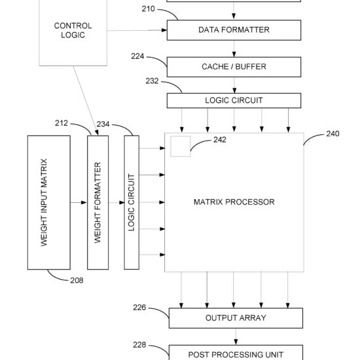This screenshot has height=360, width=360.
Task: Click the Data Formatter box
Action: (x=234, y=30)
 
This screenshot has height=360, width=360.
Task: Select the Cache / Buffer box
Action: (x=234, y=67)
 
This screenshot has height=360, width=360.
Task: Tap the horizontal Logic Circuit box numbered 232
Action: (x=234, y=101)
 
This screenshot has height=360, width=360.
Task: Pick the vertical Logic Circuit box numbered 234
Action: (x=132, y=202)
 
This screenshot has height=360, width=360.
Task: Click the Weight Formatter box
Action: (x=98, y=202)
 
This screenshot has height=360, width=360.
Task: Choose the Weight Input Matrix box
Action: (x=49, y=202)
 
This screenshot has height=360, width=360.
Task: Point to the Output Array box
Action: (x=236, y=318)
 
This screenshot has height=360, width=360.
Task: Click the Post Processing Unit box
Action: (x=236, y=352)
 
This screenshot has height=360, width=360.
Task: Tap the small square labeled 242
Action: (x=181, y=147)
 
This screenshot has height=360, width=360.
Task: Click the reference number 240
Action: (x=333, y=134)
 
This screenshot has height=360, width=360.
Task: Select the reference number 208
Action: (x=77, y=280)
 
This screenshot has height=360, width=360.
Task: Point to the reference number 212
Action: (x=62, y=123)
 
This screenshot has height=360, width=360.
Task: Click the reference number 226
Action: (x=139, y=308)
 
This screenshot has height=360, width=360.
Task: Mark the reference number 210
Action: (x=148, y=9)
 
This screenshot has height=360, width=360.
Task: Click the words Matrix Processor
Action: (x=234, y=202)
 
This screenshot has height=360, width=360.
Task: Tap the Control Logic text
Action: (x=73, y=30)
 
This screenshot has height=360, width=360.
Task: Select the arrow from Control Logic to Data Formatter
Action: (x=137, y=30)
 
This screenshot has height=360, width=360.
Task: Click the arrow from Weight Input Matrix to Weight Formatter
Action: (x=79, y=202)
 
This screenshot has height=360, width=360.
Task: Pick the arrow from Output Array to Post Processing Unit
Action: (x=236, y=336)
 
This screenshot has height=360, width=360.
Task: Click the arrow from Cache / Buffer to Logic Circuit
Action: (x=234, y=85)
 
